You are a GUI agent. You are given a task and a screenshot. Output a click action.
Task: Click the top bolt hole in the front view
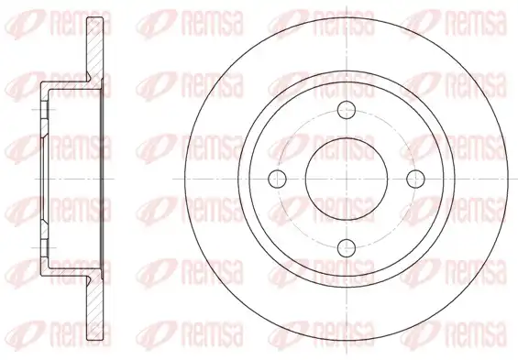click(x=347, y=110)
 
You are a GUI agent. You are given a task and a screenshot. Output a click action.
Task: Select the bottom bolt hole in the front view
click(x=347, y=248)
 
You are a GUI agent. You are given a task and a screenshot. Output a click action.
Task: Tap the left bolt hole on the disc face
click(x=277, y=179)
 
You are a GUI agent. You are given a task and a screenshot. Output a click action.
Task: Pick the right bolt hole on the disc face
click(x=415, y=179)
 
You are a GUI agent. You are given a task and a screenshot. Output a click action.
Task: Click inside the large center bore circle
click(x=347, y=179)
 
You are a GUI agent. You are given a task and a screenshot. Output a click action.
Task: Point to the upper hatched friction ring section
click(x=94, y=49)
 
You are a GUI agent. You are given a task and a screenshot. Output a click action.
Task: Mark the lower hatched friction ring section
click(x=94, y=309)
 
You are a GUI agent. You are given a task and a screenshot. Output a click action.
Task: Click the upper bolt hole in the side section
click(x=45, y=110)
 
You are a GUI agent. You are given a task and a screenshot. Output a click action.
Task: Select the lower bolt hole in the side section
click(x=45, y=247)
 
